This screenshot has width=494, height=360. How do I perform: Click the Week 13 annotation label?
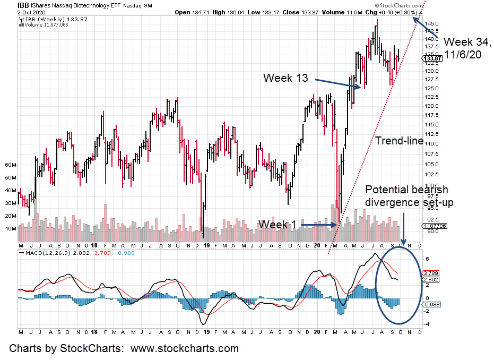[x=285, y=78]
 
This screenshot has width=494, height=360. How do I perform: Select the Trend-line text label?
[x=400, y=141]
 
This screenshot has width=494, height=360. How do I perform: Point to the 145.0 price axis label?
[x=431, y=24]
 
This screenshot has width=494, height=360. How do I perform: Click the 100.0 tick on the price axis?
[x=431, y=185]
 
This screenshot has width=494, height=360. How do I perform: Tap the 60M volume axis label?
[x=10, y=165]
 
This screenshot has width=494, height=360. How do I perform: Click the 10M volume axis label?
[x=10, y=229]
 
